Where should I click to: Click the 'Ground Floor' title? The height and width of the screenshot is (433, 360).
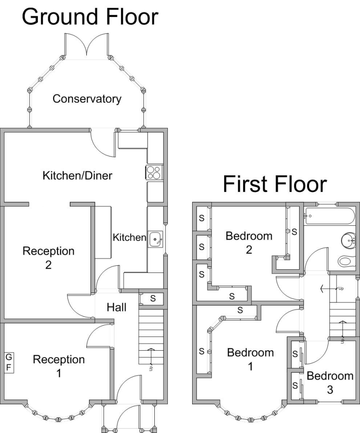pyautogui.click(x=90, y=17)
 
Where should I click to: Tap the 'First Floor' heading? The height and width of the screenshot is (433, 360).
pyautogui.click(x=274, y=184)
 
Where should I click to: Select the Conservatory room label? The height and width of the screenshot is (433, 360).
pyautogui.click(x=87, y=98)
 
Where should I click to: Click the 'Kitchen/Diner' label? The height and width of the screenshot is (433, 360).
pyautogui.click(x=77, y=175)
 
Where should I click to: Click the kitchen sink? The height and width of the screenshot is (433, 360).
pyautogui.click(x=156, y=239)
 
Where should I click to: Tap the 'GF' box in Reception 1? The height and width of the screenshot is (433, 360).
pyautogui.click(x=9, y=362)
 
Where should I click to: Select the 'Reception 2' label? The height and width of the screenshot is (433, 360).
pyautogui.click(x=48, y=258)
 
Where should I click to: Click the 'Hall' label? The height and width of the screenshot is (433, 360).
pyautogui.click(x=116, y=308)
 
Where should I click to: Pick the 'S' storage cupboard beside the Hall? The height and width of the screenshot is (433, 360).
pyautogui.click(x=153, y=298)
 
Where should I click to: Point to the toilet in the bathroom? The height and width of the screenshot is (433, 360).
pyautogui.click(x=347, y=261)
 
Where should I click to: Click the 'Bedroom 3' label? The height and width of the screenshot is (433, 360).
pyautogui.click(x=330, y=382)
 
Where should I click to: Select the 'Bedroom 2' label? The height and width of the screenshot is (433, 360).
pyautogui.click(x=249, y=242)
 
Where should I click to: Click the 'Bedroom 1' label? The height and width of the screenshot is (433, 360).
pyautogui.click(x=250, y=359)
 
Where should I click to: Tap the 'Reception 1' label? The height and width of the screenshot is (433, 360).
pyautogui.click(x=59, y=366)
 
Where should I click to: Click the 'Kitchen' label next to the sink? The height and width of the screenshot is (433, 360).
pyautogui.click(x=129, y=237)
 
